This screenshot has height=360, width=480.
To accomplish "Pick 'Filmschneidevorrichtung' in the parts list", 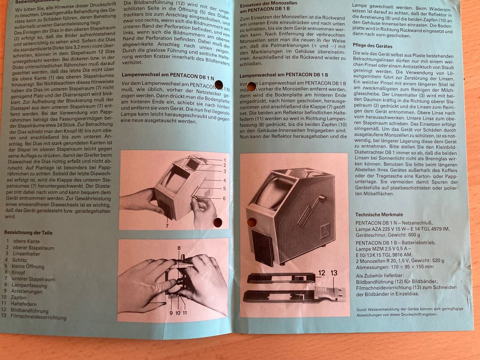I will click(40, 317).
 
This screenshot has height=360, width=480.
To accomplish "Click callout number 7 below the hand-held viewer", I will click(167, 225).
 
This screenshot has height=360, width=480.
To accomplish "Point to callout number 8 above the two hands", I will click(179, 248).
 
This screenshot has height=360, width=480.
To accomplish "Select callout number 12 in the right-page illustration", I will click(321, 273).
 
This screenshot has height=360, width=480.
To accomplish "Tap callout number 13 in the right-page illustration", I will click(334, 273).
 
